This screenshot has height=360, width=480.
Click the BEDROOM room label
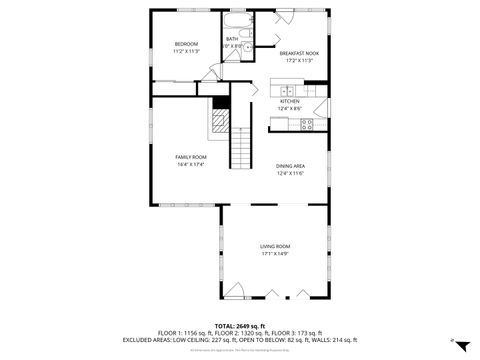[187, 44]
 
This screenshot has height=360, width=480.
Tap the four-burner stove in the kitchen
[307, 124]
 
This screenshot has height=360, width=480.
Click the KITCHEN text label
[290, 101]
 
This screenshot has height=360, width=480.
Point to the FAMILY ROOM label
[191, 157]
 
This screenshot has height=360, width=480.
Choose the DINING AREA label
[290, 166]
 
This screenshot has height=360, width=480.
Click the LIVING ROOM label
[275, 246]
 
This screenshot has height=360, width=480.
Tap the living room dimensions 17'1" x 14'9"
[275, 254]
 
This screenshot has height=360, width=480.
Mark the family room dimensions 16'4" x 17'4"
[191, 165]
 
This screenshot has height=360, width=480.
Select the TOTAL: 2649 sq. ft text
[237, 326]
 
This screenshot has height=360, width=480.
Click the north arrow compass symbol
[460, 345]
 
